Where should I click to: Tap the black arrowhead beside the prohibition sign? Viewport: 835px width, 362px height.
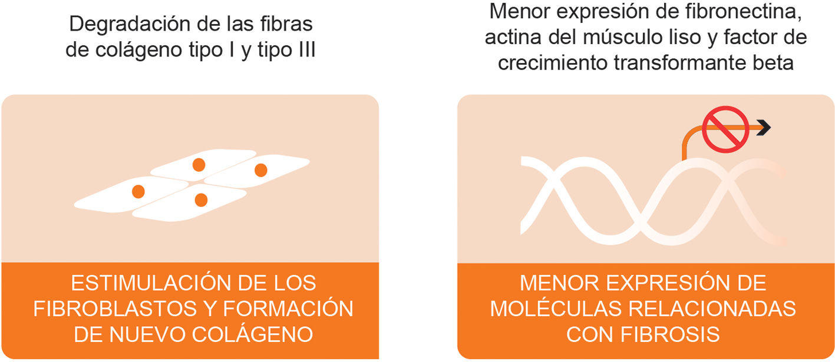tap(764, 126)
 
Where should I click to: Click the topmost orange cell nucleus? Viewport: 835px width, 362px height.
tap(199, 164)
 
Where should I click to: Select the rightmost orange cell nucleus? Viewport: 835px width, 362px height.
tap(260, 170)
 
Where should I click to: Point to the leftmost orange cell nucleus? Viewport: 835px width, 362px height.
tap(138, 191)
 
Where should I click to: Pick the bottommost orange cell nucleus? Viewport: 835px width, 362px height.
tap(201, 200)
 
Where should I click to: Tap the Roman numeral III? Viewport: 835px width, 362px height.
tap(303, 51)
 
